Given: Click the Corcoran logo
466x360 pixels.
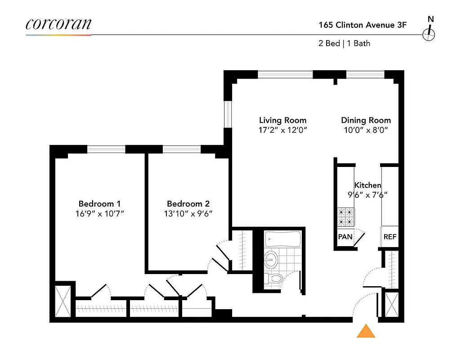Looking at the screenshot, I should click(x=58, y=24).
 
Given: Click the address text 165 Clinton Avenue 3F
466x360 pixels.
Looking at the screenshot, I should click(x=363, y=25).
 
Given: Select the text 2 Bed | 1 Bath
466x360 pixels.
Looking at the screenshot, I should click(x=344, y=44).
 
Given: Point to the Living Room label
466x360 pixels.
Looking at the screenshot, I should click(x=282, y=120).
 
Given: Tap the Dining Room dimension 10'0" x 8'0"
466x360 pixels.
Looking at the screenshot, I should click(x=366, y=130).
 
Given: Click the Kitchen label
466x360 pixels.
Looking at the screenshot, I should click(x=367, y=185).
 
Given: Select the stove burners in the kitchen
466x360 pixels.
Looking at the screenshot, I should click(x=345, y=216).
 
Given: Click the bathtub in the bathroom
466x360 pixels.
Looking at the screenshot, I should click(x=282, y=238).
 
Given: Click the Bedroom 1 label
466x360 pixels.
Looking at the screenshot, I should click(x=99, y=203).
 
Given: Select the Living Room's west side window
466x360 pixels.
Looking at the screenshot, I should click(x=228, y=115).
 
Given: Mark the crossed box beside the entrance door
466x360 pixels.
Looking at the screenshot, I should click(x=392, y=305).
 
